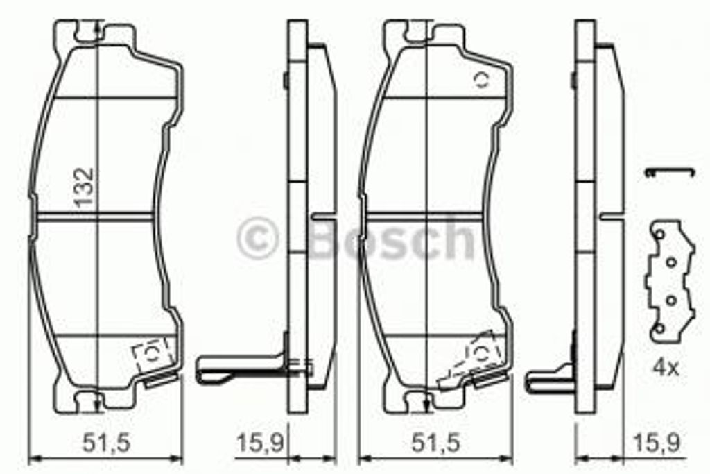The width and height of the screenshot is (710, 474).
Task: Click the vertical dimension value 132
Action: point(85,187)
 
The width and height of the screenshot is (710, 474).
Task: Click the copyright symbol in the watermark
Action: point(257,238)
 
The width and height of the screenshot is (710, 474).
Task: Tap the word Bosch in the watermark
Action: point(392,238)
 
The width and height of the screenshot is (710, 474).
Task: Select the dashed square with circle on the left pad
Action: point(152,355)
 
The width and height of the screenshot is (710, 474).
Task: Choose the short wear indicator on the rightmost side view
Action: point(548,377)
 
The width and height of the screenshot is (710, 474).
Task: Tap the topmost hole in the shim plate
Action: point(659,233)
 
